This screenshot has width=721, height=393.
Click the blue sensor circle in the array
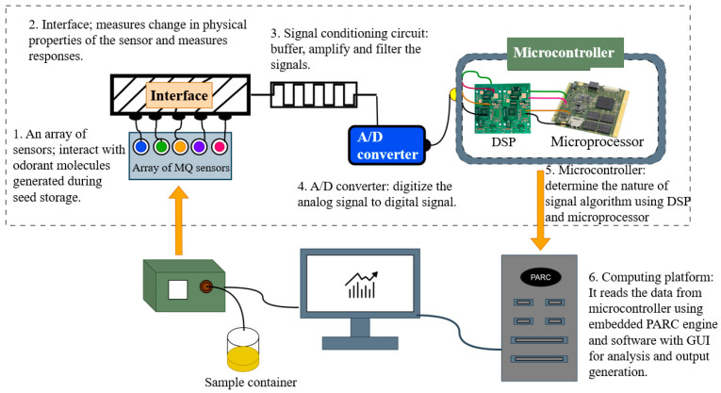[x=141, y=147]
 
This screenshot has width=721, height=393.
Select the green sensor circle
[x=161, y=147]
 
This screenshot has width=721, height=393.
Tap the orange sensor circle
[x=180, y=147]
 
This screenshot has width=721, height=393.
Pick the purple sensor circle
[x=199, y=147]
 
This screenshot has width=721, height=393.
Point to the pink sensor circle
[x=220, y=147]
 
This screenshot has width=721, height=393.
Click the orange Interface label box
[x=179, y=95]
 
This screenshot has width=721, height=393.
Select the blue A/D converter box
[x=386, y=145]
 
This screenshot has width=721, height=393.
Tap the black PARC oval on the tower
[x=540, y=277]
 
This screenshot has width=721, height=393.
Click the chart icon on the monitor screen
[x=361, y=285]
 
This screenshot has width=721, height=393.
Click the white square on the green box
[x=177, y=289]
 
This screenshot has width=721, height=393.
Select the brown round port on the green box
[x=206, y=287]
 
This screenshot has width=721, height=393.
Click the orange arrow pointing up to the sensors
[x=178, y=221]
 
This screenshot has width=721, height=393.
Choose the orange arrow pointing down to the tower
[x=540, y=210]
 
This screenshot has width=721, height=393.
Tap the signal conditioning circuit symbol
[x=314, y=94]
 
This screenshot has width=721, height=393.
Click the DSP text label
[x=503, y=141]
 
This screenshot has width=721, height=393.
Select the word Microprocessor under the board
[x=598, y=141]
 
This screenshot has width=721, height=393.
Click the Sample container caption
[x=251, y=382]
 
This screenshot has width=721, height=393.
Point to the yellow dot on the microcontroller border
[x=453, y=94]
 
